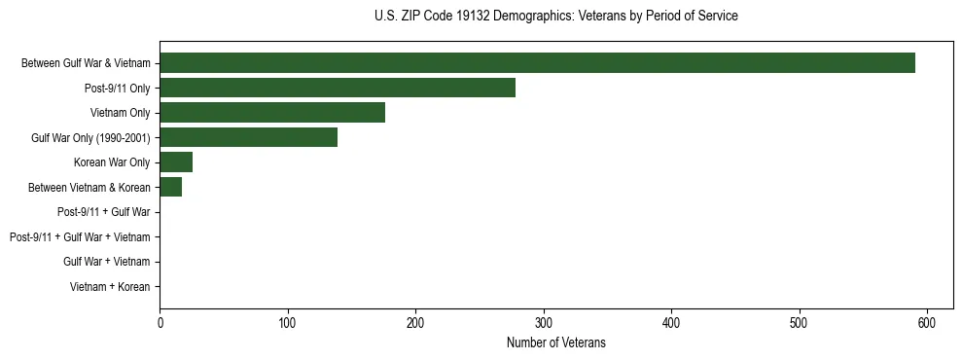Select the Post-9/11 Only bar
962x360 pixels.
[x=338, y=89]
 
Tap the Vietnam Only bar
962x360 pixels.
[x=272, y=113]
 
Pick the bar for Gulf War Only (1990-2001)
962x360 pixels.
[x=248, y=137]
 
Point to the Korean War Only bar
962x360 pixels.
[x=176, y=162]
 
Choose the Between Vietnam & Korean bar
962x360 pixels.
[x=170, y=187]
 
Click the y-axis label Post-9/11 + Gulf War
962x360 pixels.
[x=104, y=212]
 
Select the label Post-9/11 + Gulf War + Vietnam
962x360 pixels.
[x=80, y=236]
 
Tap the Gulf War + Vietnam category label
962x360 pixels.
[x=107, y=262]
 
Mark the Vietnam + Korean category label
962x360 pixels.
[x=110, y=286]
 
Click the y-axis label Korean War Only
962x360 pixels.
[x=112, y=162]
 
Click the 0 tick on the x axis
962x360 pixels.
[x=160, y=321]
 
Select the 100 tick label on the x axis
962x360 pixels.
[x=287, y=321]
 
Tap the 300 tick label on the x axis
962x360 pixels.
[x=543, y=321]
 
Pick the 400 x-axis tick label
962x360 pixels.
[x=671, y=321]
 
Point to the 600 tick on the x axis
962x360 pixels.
[x=927, y=321]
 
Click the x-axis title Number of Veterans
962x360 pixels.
[x=555, y=342]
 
